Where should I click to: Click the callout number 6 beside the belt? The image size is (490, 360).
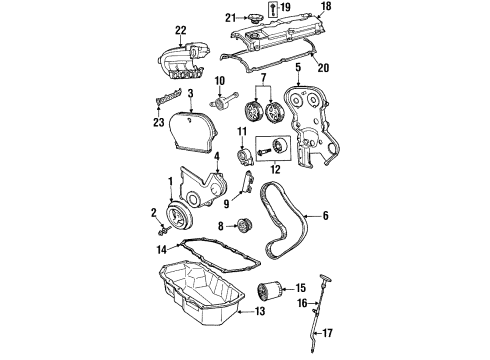[x=298, y=69]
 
